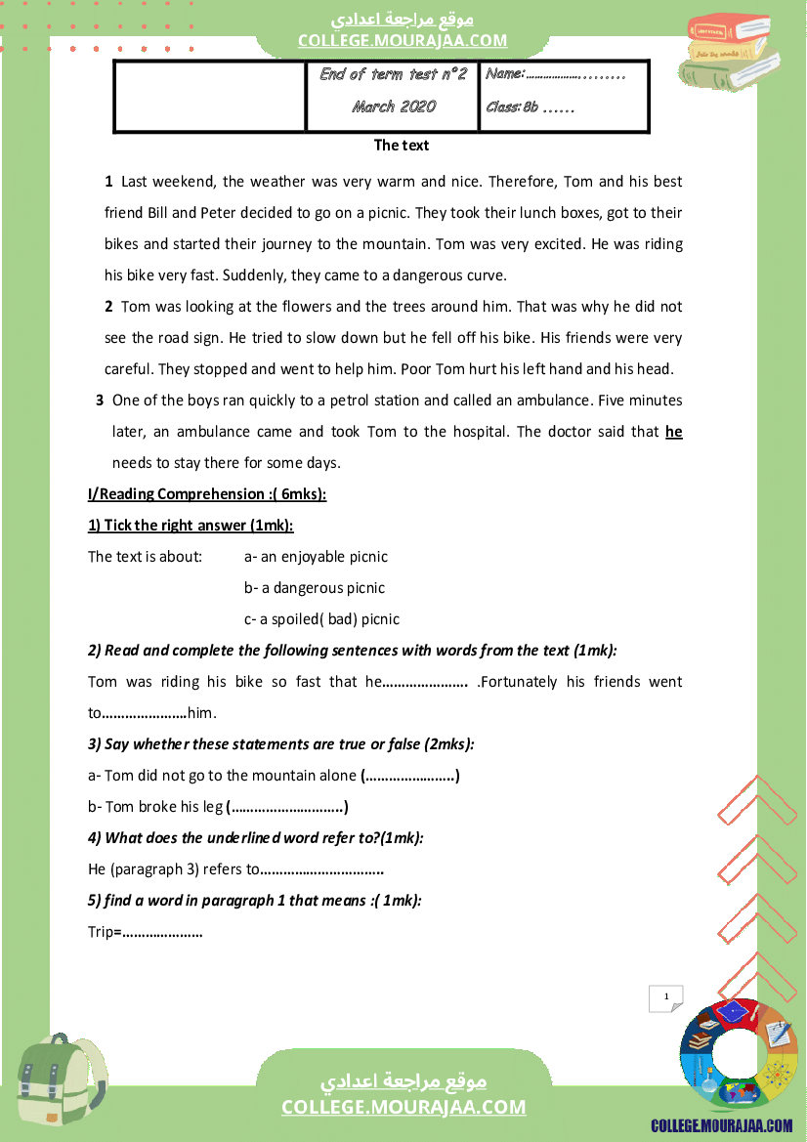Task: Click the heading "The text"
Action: click(402, 146)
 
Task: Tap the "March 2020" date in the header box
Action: click(394, 106)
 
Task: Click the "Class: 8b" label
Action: click(512, 107)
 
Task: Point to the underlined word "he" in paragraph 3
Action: click(674, 432)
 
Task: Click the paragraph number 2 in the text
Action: click(108, 307)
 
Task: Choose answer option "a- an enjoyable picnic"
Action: click(316, 557)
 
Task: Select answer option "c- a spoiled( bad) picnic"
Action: click(321, 619)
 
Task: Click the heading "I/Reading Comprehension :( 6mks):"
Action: click(207, 494)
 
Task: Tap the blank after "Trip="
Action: click(162, 933)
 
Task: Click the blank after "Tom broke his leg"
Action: click(287, 808)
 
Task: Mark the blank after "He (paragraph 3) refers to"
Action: click(322, 870)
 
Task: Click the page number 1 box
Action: click(666, 997)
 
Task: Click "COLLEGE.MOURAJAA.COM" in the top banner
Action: click(403, 40)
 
